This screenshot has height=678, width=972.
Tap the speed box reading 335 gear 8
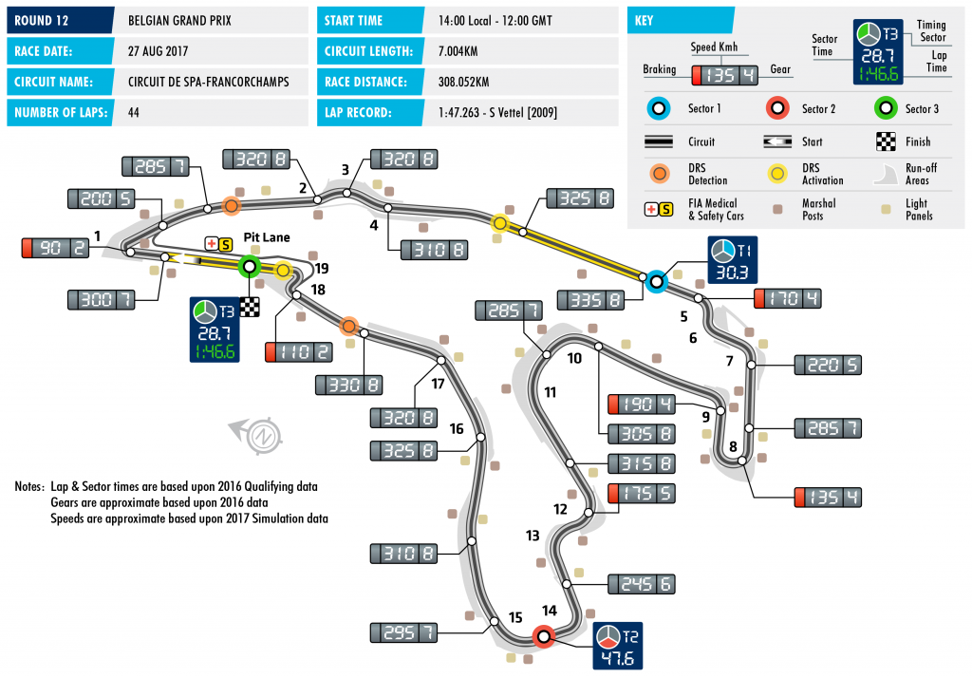pyautogui.click(x=595, y=300)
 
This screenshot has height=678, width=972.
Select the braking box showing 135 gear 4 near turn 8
pyautogui.click(x=827, y=497)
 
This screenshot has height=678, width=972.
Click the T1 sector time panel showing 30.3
pyautogui.click(x=727, y=262)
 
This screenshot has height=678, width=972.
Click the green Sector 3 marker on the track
pyautogui.click(x=250, y=267)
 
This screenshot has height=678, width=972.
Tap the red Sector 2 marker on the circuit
pyautogui.click(x=544, y=637)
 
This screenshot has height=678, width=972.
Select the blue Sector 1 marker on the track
pyautogui.click(x=655, y=281)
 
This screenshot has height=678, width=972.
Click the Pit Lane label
pyautogui.click(x=266, y=237)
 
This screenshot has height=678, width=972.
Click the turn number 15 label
pyautogui.click(x=515, y=617)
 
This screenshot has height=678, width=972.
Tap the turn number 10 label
pyautogui.click(x=574, y=359)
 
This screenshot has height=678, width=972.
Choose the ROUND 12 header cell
pyautogui.click(x=58, y=20)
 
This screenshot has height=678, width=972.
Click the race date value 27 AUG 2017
pyautogui.click(x=161, y=51)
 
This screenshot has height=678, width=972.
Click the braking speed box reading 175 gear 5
pyautogui.click(x=641, y=494)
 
